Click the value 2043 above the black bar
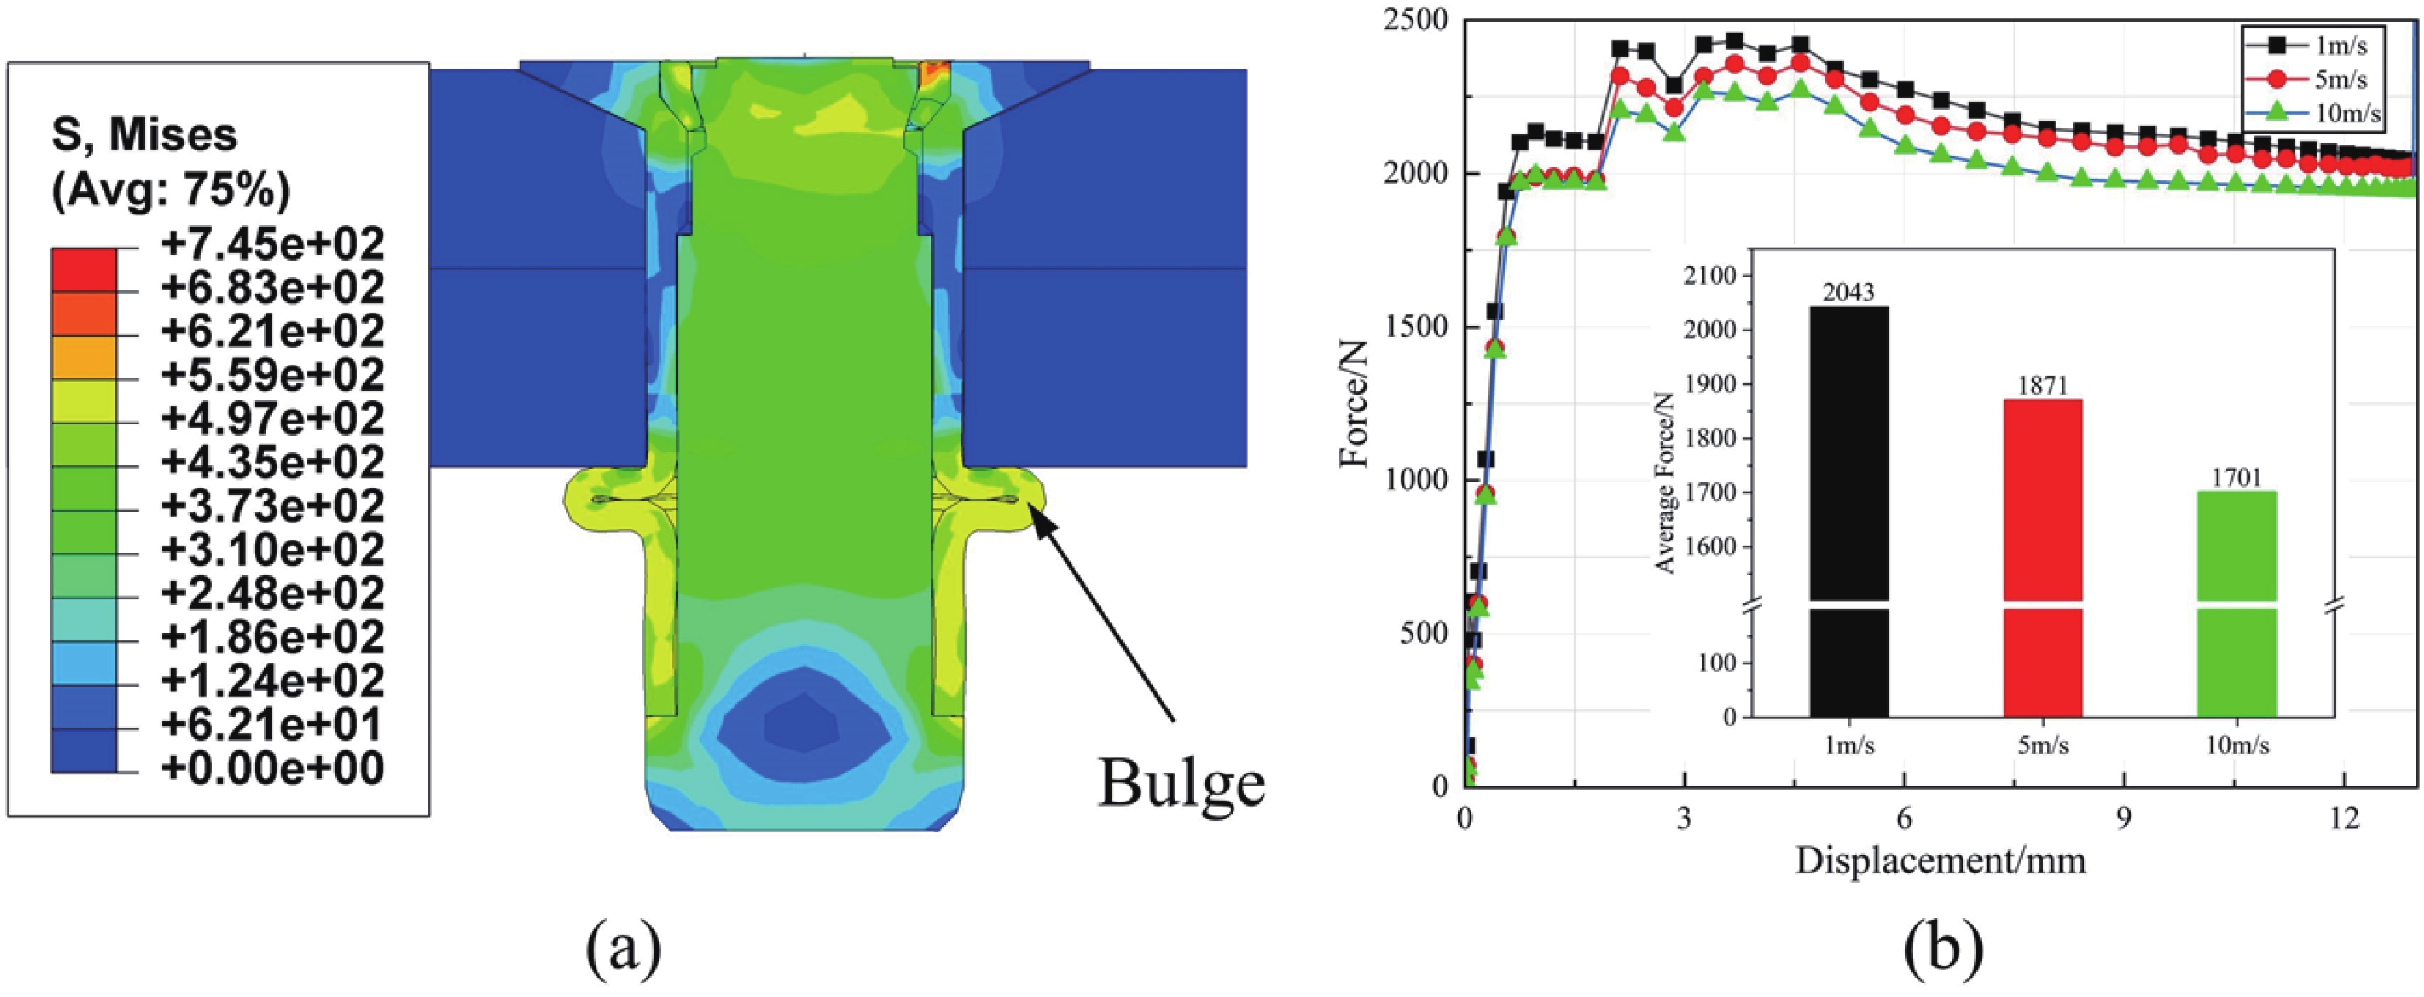(x=1849, y=294)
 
